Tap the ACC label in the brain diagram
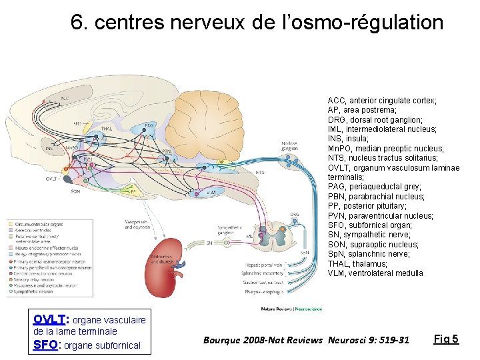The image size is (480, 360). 65,99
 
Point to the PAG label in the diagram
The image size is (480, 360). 149,125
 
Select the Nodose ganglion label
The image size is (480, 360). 289,146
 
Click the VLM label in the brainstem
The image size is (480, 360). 211,191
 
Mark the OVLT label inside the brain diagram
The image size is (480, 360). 51,179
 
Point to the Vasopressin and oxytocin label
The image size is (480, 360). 138,224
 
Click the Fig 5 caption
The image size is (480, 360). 446,339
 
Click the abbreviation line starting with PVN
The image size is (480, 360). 381,215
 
